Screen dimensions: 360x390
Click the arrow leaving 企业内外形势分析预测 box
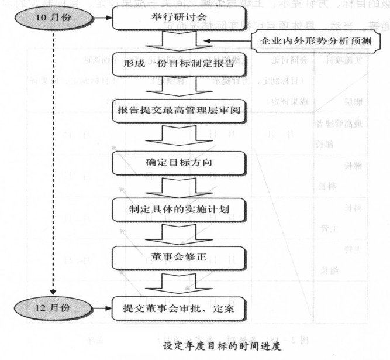(225, 42)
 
